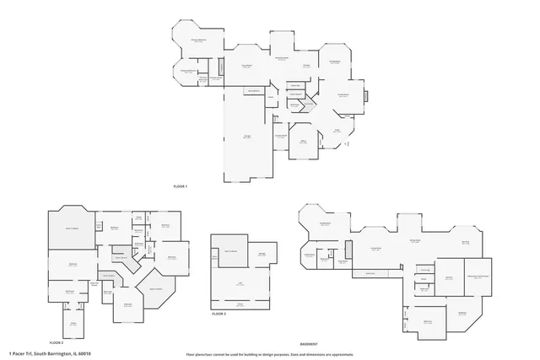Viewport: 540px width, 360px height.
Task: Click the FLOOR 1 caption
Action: coord(180,185)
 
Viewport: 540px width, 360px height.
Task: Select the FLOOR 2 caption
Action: coord(57,343)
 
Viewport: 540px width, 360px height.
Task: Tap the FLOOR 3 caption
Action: coord(219,314)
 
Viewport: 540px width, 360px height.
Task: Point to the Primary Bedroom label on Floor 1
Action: coord(198,40)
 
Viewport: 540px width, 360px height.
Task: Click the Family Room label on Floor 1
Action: coord(345,96)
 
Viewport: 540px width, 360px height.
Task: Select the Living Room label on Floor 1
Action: coord(247,65)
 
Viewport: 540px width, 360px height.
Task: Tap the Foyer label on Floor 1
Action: coord(336,130)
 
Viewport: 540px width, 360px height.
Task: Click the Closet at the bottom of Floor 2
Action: coord(73,322)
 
